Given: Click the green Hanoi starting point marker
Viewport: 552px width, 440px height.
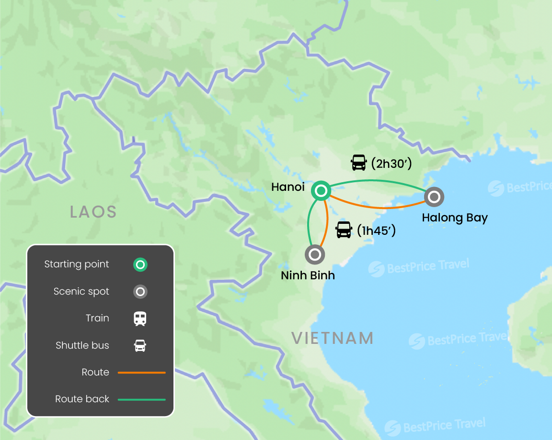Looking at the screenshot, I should [321, 191].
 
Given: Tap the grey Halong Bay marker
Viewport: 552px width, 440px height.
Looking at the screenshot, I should [434, 197].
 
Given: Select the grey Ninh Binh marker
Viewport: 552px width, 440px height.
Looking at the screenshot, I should [315, 254].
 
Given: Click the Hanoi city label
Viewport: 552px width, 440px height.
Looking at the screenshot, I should [288, 187].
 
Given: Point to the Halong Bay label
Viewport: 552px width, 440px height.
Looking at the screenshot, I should [455, 218].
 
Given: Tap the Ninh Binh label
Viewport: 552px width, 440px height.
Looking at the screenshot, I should [308, 275].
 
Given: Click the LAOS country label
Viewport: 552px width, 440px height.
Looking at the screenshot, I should [93, 211].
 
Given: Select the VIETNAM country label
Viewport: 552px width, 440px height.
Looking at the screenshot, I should [333, 338].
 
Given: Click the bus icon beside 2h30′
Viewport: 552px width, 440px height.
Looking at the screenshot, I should [358, 163].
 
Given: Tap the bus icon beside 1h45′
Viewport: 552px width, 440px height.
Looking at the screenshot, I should [344, 230].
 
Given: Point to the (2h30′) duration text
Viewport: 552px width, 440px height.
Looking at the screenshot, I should [391, 164].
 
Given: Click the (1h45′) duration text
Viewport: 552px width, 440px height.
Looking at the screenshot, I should [376, 231].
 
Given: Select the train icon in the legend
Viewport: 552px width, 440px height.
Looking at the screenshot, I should [140, 319].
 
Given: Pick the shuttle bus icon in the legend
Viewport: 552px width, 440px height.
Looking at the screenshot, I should [140, 345].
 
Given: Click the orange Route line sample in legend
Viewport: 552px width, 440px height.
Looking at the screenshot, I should [141, 372].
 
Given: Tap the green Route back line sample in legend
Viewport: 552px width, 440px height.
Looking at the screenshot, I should [141, 399].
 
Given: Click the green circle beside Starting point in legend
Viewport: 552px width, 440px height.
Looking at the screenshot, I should [140, 264].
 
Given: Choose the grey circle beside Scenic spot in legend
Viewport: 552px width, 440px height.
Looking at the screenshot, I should [140, 292].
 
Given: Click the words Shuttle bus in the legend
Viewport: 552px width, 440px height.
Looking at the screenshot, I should [82, 345].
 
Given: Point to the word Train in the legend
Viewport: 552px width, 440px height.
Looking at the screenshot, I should [97, 318].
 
